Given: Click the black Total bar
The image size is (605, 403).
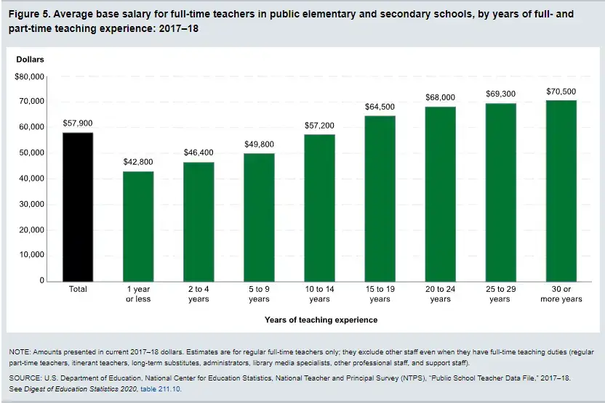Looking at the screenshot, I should pyautogui.click(x=78, y=206).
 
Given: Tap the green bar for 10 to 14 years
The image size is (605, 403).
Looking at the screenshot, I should pyautogui.click(x=319, y=208).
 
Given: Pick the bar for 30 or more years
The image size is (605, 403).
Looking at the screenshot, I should pyautogui.click(x=561, y=190).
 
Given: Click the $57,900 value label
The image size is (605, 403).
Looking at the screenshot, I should pyautogui.click(x=78, y=123).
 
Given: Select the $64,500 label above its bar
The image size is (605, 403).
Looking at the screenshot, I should pyautogui.click(x=380, y=107).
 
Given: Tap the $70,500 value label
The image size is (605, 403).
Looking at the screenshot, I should pyautogui.click(x=561, y=91).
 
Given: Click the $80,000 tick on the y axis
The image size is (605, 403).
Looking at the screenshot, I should pyautogui.click(x=30, y=76).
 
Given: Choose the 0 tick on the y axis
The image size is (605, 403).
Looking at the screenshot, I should pyautogui.click(x=41, y=280).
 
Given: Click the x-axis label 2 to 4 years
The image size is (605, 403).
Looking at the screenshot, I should pyautogui.click(x=199, y=294).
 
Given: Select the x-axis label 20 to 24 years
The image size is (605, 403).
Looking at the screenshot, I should pyautogui.click(x=440, y=294).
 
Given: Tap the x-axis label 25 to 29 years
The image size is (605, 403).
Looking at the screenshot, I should pyautogui.click(x=500, y=294).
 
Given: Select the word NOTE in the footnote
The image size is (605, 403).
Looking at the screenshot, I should pyautogui.click(x=19, y=352).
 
